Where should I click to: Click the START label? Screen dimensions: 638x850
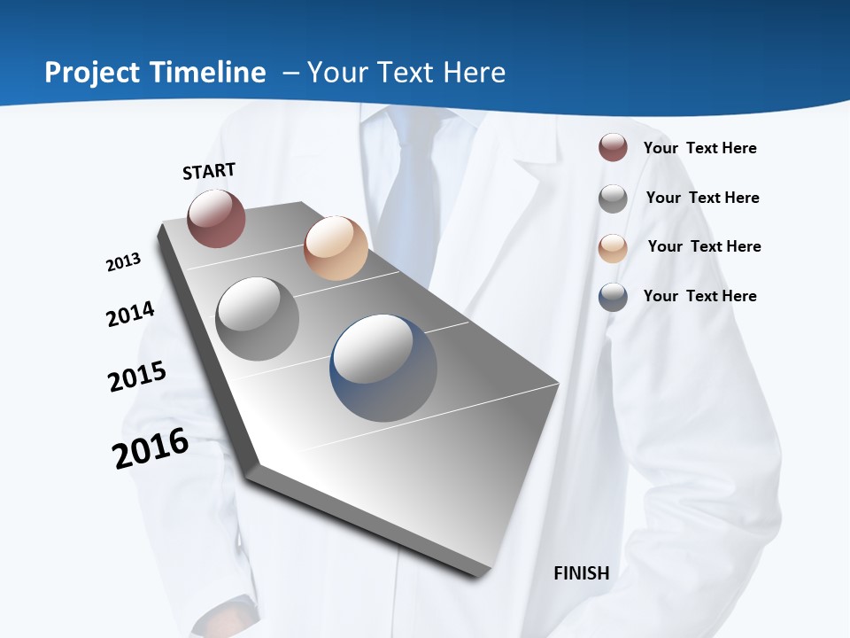pyautogui.click(x=209, y=171)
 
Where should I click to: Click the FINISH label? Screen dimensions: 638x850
pyautogui.click(x=581, y=573)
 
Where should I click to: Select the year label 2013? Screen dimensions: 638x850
pyautogui.click(x=123, y=262)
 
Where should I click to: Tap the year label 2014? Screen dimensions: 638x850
pyautogui.click(x=130, y=315)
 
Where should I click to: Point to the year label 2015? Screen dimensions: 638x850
pyautogui.click(x=137, y=377)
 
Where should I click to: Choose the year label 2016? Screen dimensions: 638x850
pyautogui.click(x=151, y=448)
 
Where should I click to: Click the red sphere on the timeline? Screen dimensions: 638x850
pyautogui.click(x=216, y=218)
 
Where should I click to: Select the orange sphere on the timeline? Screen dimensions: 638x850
pyautogui.click(x=336, y=248)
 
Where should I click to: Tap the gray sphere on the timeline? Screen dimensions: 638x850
pyautogui.click(x=258, y=319)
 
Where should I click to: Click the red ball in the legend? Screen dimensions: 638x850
pyautogui.click(x=613, y=148)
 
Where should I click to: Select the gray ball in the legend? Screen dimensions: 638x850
pyautogui.click(x=613, y=198)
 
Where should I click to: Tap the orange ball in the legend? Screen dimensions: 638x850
pyautogui.click(x=613, y=247)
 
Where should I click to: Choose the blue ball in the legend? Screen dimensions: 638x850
pyautogui.click(x=613, y=297)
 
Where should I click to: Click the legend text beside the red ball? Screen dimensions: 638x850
pyautogui.click(x=699, y=148)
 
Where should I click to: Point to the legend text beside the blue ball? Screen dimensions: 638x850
pyautogui.click(x=699, y=296)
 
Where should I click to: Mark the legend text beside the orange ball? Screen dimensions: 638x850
pyautogui.click(x=704, y=246)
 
